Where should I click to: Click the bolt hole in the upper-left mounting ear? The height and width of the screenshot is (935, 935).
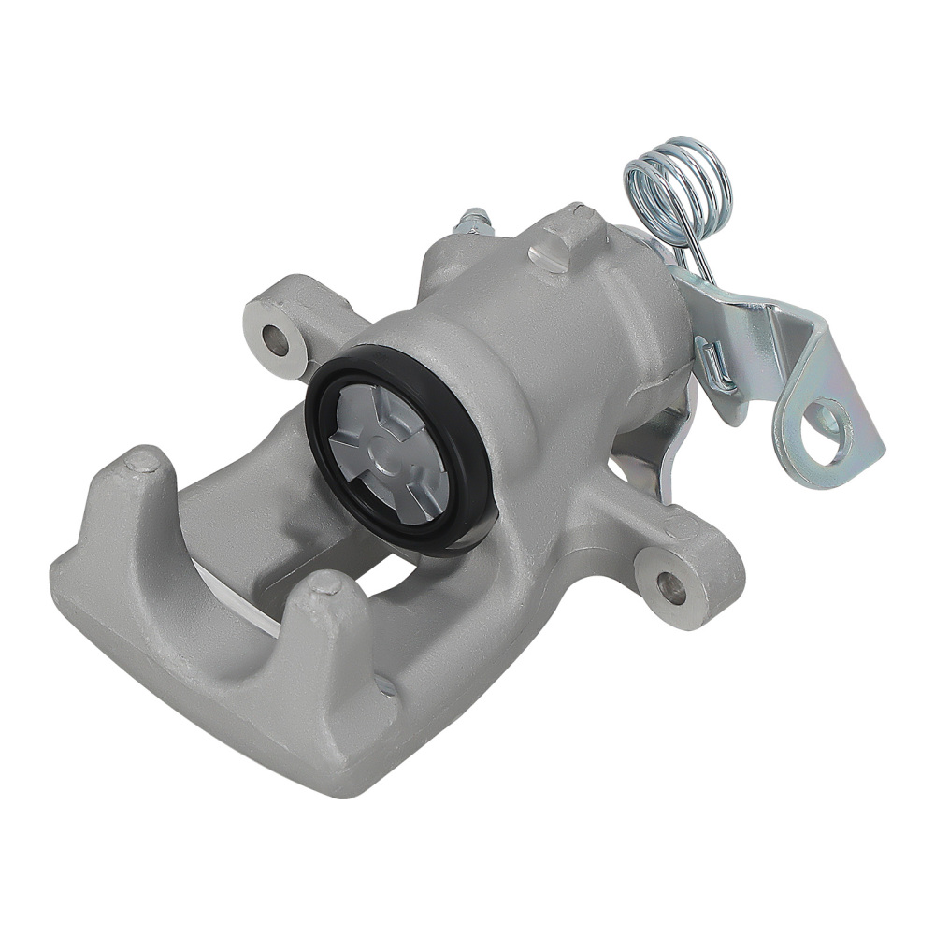pyautogui.click(x=273, y=338)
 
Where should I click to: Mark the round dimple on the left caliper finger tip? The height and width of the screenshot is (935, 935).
pyautogui.click(x=140, y=461)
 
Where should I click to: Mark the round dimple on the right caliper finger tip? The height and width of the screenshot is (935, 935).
pyautogui.click(x=324, y=584)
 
